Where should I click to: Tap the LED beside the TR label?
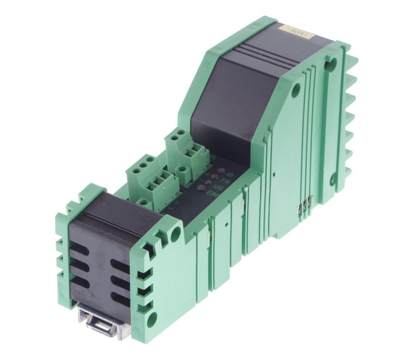(x=215, y=176)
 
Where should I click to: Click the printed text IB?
(x=230, y=174)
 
